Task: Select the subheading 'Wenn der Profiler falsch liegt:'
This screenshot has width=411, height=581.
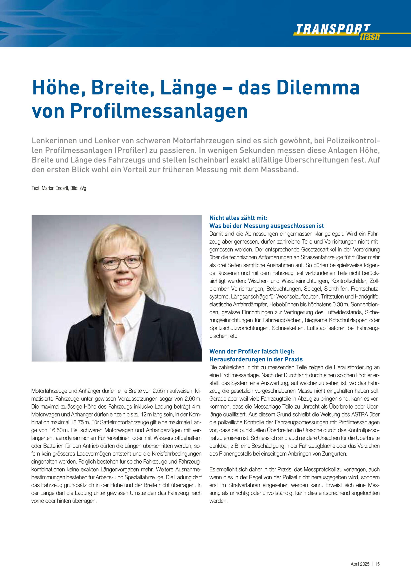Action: pos(252,351)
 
